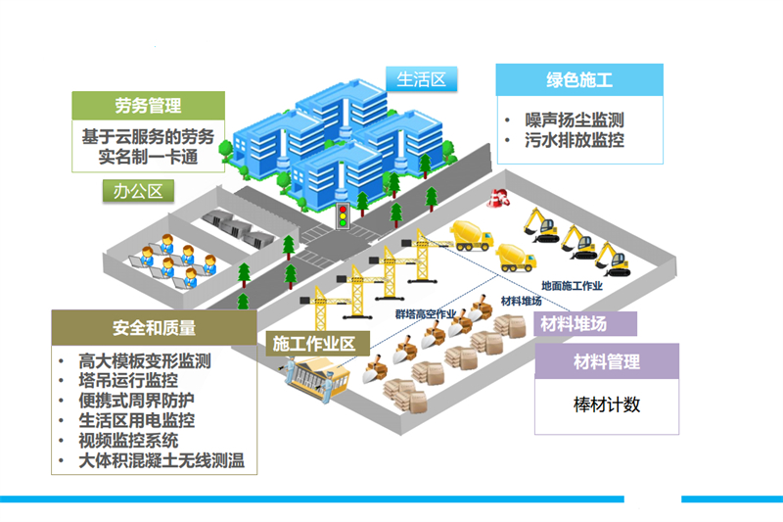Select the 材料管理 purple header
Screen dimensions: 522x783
(606, 361)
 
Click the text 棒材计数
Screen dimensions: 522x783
(606, 404)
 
